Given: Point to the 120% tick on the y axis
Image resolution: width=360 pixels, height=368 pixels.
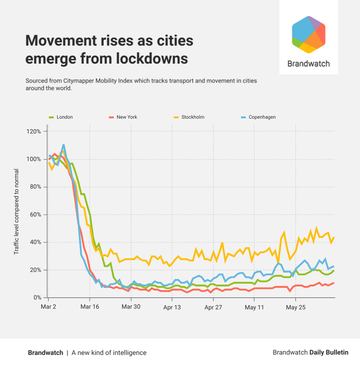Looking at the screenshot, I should (x=34, y=131).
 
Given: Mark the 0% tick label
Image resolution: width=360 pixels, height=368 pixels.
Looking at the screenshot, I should (x=37, y=298).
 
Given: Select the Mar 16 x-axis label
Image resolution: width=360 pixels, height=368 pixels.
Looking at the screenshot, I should (x=90, y=307).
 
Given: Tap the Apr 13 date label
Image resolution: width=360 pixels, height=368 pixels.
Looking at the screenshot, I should (x=172, y=307).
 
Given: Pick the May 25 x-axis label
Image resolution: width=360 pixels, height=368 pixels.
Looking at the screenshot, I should (x=296, y=307).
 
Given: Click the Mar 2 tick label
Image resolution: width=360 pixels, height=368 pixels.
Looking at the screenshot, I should (x=48, y=307).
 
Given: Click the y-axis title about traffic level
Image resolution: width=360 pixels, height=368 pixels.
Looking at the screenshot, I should (x=16, y=212).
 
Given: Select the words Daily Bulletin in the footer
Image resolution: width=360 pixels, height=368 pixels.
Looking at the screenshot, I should (x=329, y=352).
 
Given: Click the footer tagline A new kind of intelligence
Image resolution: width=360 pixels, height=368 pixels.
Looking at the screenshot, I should (x=109, y=352).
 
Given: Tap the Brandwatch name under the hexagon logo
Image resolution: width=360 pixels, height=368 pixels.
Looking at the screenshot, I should (x=308, y=64).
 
